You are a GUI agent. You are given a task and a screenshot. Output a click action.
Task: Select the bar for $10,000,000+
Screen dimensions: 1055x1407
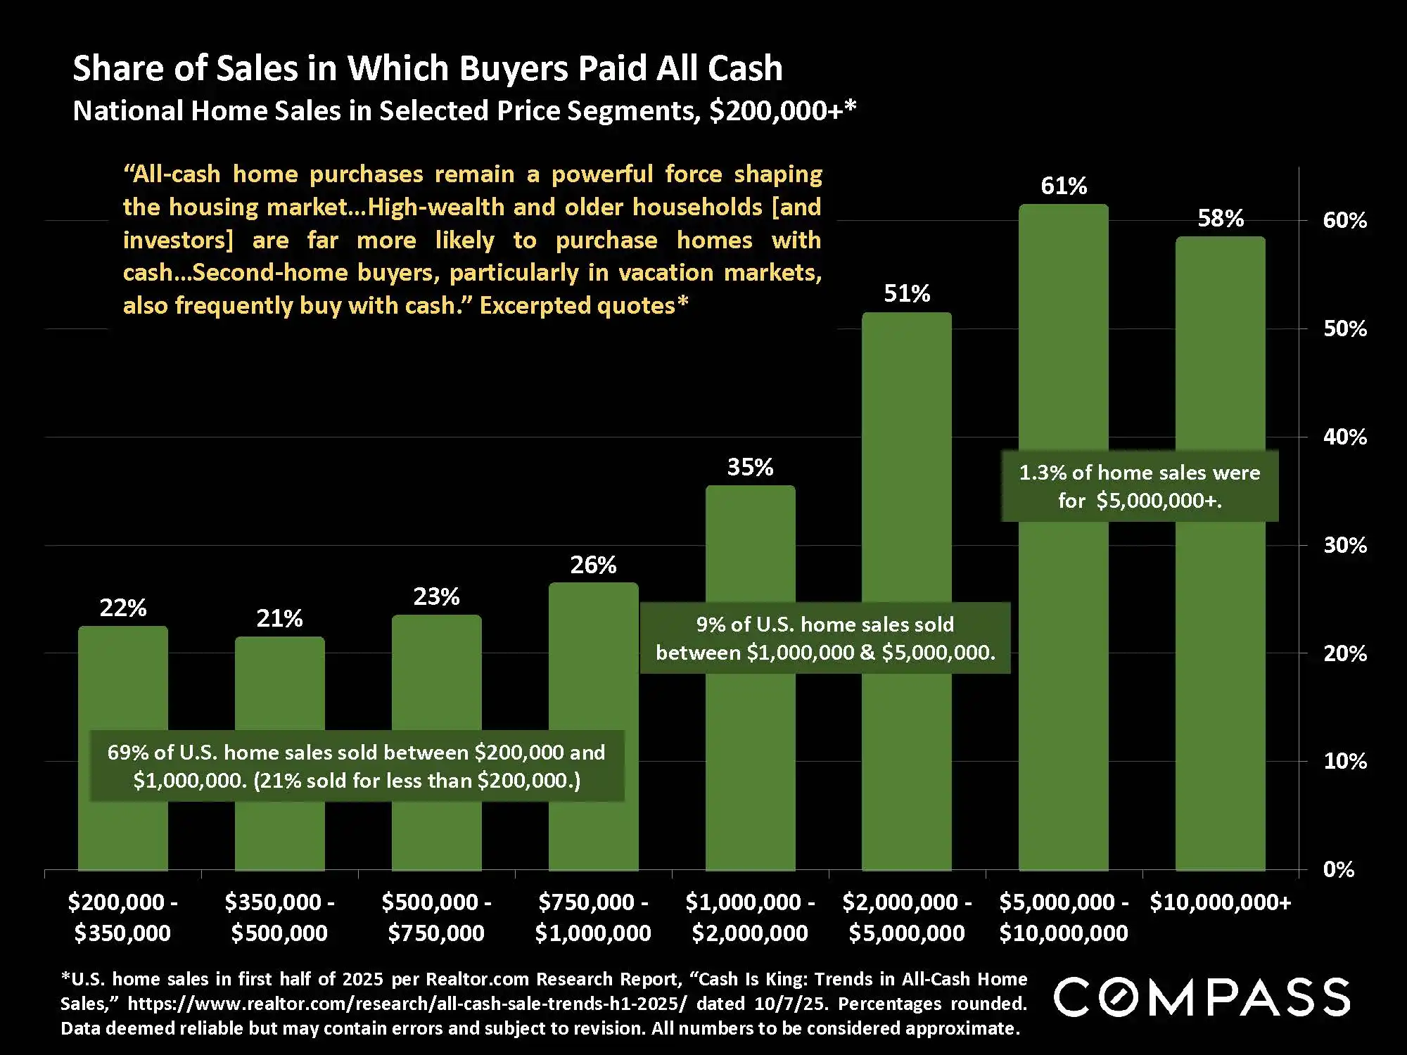(1221, 633)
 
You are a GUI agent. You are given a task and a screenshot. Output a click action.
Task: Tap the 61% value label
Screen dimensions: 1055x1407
(1064, 186)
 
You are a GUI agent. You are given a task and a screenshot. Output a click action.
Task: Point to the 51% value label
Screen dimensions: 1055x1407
(907, 293)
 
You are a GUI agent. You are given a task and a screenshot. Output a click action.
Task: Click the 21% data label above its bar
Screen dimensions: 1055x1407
(279, 619)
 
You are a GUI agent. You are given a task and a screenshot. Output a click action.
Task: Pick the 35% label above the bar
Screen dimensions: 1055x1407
(750, 467)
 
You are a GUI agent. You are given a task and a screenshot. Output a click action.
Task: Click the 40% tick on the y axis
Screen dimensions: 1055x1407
(1344, 437)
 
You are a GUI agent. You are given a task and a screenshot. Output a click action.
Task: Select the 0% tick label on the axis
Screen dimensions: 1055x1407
(1338, 870)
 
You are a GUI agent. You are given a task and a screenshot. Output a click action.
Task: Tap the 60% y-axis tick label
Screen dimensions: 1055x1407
(1344, 221)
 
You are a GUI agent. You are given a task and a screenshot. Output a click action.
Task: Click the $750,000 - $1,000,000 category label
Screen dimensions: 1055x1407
(593, 917)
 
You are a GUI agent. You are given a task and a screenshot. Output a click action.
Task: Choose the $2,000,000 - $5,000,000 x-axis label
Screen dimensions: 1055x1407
(907, 917)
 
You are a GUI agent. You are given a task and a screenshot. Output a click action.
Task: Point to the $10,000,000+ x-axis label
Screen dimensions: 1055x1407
(1221, 902)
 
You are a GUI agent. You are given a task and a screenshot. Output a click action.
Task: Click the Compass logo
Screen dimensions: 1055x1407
(1202, 997)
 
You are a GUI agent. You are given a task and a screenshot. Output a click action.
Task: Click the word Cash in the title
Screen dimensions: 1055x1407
(745, 68)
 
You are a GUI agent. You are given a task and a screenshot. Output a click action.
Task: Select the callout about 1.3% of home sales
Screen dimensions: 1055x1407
(1140, 486)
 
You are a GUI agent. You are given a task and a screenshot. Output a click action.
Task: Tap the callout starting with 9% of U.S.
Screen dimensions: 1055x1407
(825, 638)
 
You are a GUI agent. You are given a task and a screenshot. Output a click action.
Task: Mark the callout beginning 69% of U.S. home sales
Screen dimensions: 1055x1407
(357, 766)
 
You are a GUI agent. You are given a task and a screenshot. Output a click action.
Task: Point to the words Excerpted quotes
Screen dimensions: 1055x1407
(583, 306)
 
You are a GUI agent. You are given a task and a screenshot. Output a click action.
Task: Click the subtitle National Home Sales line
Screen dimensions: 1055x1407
(464, 111)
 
